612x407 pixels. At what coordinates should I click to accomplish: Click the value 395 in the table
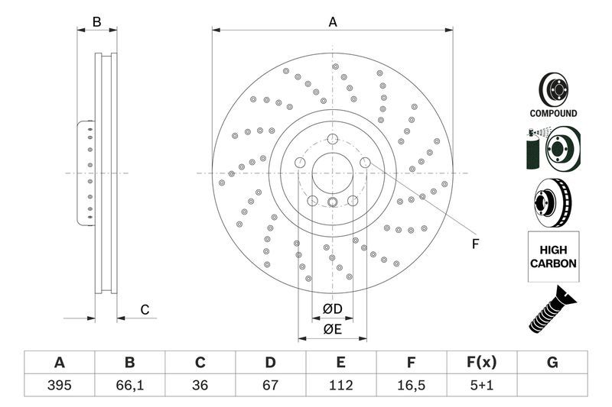[59, 385]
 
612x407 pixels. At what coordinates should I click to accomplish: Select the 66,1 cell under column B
[129, 385]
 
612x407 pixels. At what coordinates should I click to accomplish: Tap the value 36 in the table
[200, 385]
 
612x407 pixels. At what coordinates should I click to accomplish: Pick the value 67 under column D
[270, 385]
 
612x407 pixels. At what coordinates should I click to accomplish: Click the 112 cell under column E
[341, 385]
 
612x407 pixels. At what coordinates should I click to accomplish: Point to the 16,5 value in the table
[412, 385]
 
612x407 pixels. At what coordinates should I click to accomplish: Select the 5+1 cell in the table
[482, 385]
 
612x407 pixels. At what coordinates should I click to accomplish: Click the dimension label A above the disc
[333, 22]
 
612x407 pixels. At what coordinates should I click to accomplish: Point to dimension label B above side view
[96, 22]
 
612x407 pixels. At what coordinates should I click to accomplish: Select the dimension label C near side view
[143, 309]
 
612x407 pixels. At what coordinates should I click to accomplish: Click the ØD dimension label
[331, 309]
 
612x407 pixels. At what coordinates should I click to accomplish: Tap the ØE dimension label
[331, 329]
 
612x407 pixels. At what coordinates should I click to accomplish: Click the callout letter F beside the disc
[474, 244]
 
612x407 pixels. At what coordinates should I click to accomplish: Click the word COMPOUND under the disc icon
[553, 113]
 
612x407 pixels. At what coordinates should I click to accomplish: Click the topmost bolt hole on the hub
[333, 139]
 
